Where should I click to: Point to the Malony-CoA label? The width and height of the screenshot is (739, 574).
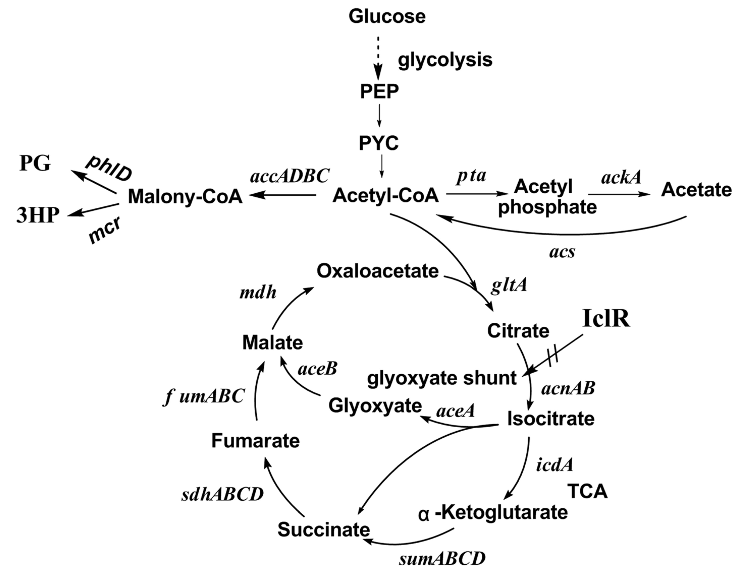coord(185,196)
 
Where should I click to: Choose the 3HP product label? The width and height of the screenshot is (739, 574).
coord(38,215)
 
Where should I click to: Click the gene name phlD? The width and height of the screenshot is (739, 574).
coord(109,169)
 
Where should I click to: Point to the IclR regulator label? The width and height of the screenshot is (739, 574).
coord(606,319)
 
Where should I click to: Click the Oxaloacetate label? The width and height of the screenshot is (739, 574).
coord(378,271)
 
